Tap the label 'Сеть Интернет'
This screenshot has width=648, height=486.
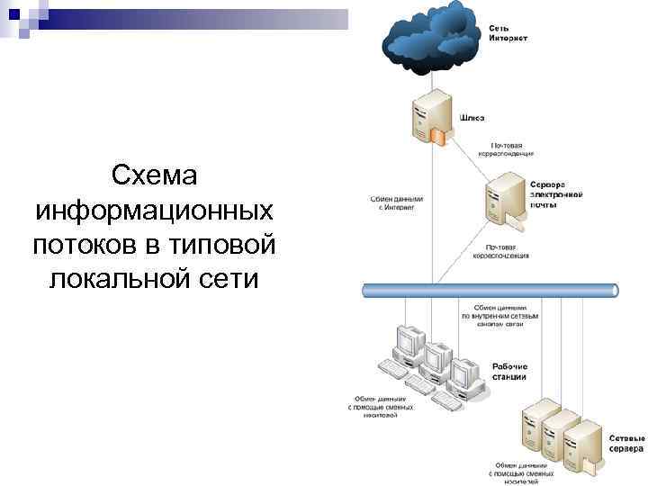(508, 34)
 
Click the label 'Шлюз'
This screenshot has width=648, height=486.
(472, 117)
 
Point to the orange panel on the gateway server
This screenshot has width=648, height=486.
(437, 136)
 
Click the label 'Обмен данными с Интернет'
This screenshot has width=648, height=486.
(396, 202)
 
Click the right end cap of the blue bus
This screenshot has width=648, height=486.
(614, 291)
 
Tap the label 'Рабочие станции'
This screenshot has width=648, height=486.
(510, 372)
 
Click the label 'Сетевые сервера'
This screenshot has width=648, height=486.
(623, 443)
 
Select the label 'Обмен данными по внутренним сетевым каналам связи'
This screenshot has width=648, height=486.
(500, 317)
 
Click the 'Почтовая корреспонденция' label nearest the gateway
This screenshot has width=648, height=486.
(514, 148)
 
